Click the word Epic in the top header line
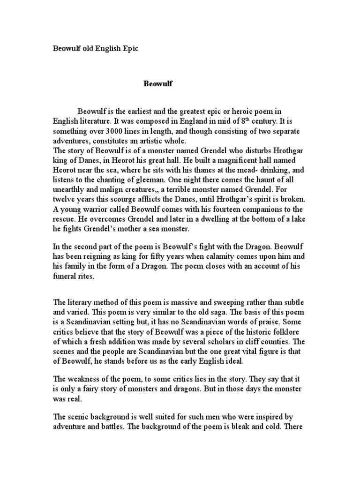129,49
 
